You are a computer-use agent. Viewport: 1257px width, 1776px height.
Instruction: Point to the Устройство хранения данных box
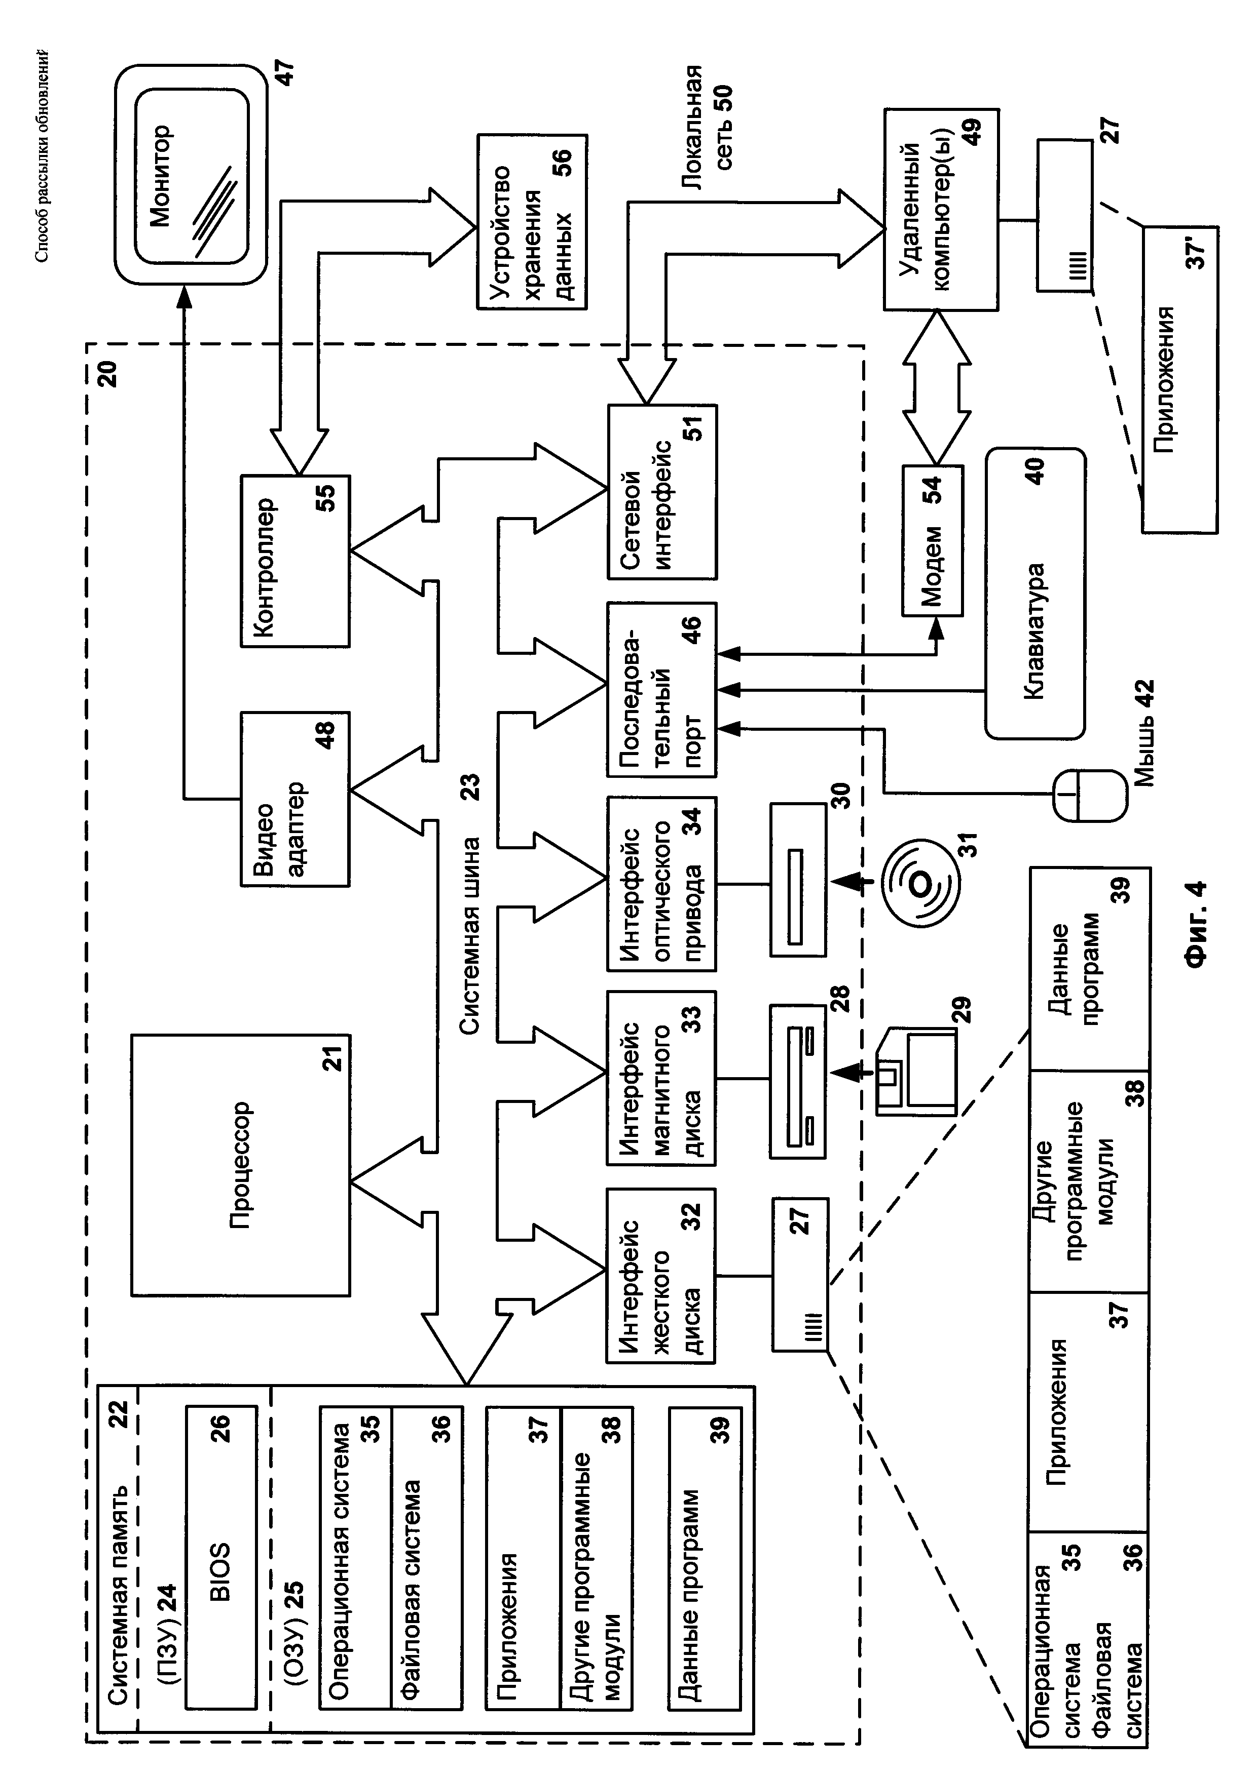pyautogui.click(x=532, y=222)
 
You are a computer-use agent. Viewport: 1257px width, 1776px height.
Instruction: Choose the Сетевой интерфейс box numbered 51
pyautogui.click(x=662, y=491)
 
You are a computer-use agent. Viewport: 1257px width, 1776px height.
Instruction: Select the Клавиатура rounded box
pyautogui.click(x=1035, y=594)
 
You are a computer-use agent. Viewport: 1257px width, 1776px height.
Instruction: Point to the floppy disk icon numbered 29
pyautogui.click(x=916, y=1072)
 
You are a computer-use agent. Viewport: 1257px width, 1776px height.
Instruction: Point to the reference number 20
pyautogui.click(x=106, y=374)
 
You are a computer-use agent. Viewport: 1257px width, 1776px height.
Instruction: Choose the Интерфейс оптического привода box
pyautogui.click(x=662, y=883)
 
